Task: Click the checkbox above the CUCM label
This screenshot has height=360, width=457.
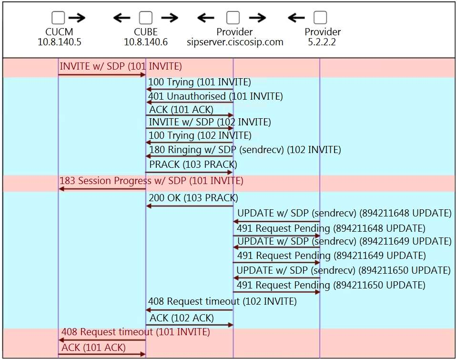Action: (58, 18)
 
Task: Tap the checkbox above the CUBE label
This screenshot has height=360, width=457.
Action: (145, 18)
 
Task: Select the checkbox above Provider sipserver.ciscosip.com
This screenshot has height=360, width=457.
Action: (233, 18)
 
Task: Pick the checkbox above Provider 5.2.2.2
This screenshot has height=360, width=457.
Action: (320, 18)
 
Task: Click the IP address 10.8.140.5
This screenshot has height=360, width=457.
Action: (60, 42)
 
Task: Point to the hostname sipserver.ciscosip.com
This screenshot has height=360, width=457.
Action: (235, 42)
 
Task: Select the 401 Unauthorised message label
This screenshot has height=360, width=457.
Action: (215, 96)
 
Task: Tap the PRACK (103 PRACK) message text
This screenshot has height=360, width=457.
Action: (193, 165)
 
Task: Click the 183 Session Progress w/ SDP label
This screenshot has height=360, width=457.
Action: (151, 181)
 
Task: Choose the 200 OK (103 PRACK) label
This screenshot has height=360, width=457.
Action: (193, 197)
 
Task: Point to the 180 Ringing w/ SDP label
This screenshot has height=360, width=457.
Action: (245, 150)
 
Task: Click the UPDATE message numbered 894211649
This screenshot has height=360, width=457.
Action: (344, 241)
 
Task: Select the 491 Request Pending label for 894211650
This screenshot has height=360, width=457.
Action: (331, 285)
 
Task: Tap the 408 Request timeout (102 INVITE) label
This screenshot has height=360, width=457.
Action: (222, 301)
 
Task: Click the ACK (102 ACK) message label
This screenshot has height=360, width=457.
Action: (182, 318)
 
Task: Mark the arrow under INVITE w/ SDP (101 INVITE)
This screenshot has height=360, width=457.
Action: (102, 74)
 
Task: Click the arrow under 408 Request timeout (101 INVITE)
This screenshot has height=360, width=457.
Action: (102, 340)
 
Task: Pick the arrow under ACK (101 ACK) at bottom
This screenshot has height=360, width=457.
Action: (102, 354)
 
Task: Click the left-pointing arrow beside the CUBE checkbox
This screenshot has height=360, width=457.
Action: (122, 18)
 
